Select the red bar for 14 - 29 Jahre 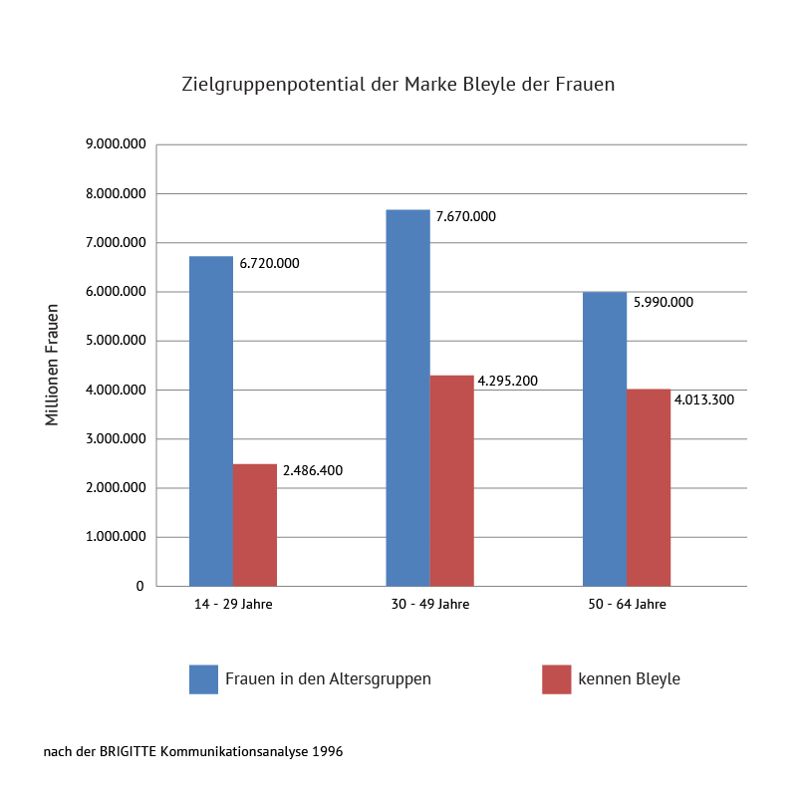pyautogui.click(x=255, y=525)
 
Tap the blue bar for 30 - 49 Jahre pyautogui.click(x=407, y=398)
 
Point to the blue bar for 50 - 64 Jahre pyautogui.click(x=605, y=439)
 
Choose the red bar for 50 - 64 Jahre pyautogui.click(x=649, y=487)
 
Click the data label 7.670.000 pyautogui.click(x=465, y=216)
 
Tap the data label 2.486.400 pyautogui.click(x=312, y=470)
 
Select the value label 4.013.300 pyautogui.click(x=704, y=399)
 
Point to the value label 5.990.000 pyautogui.click(x=664, y=302)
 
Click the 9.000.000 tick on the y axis pyautogui.click(x=116, y=144)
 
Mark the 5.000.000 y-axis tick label pyautogui.click(x=116, y=341)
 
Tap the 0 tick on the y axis pyautogui.click(x=140, y=586)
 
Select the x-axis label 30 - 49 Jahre pyautogui.click(x=430, y=605)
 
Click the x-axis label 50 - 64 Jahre pyautogui.click(x=627, y=605)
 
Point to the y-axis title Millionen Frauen pyautogui.click(x=53, y=365)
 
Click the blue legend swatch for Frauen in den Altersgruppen pyautogui.click(x=203, y=679)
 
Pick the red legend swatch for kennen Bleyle pyautogui.click(x=556, y=679)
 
